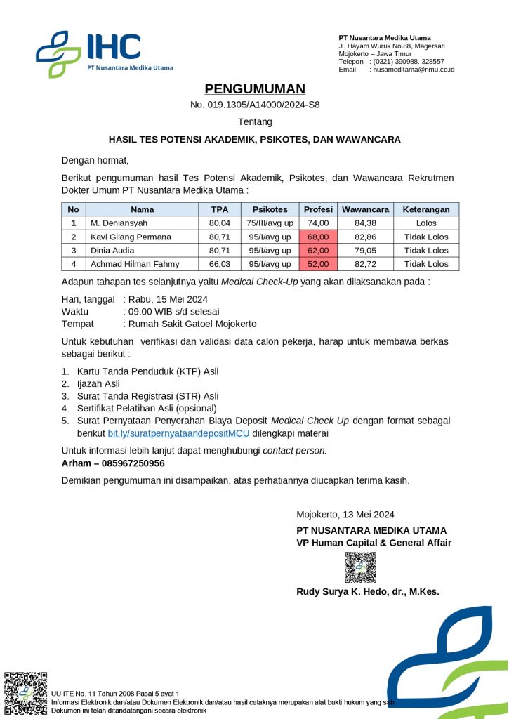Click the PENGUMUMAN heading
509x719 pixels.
tap(255, 89)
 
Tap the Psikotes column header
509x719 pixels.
tap(270, 209)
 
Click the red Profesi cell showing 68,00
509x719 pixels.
tap(318, 237)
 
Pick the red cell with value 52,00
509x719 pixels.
tap(318, 264)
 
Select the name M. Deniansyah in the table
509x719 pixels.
tap(119, 223)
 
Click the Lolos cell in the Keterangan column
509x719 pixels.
tap(426, 223)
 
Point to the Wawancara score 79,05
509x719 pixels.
tap(365, 251)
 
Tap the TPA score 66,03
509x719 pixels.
tap(220, 264)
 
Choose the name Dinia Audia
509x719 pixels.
tap(112, 251)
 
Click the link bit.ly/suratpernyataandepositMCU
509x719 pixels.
tap(178, 433)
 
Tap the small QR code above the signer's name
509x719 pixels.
tap(360, 567)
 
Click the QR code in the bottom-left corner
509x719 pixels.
tap(26, 694)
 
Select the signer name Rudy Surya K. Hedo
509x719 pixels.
tap(367, 592)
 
